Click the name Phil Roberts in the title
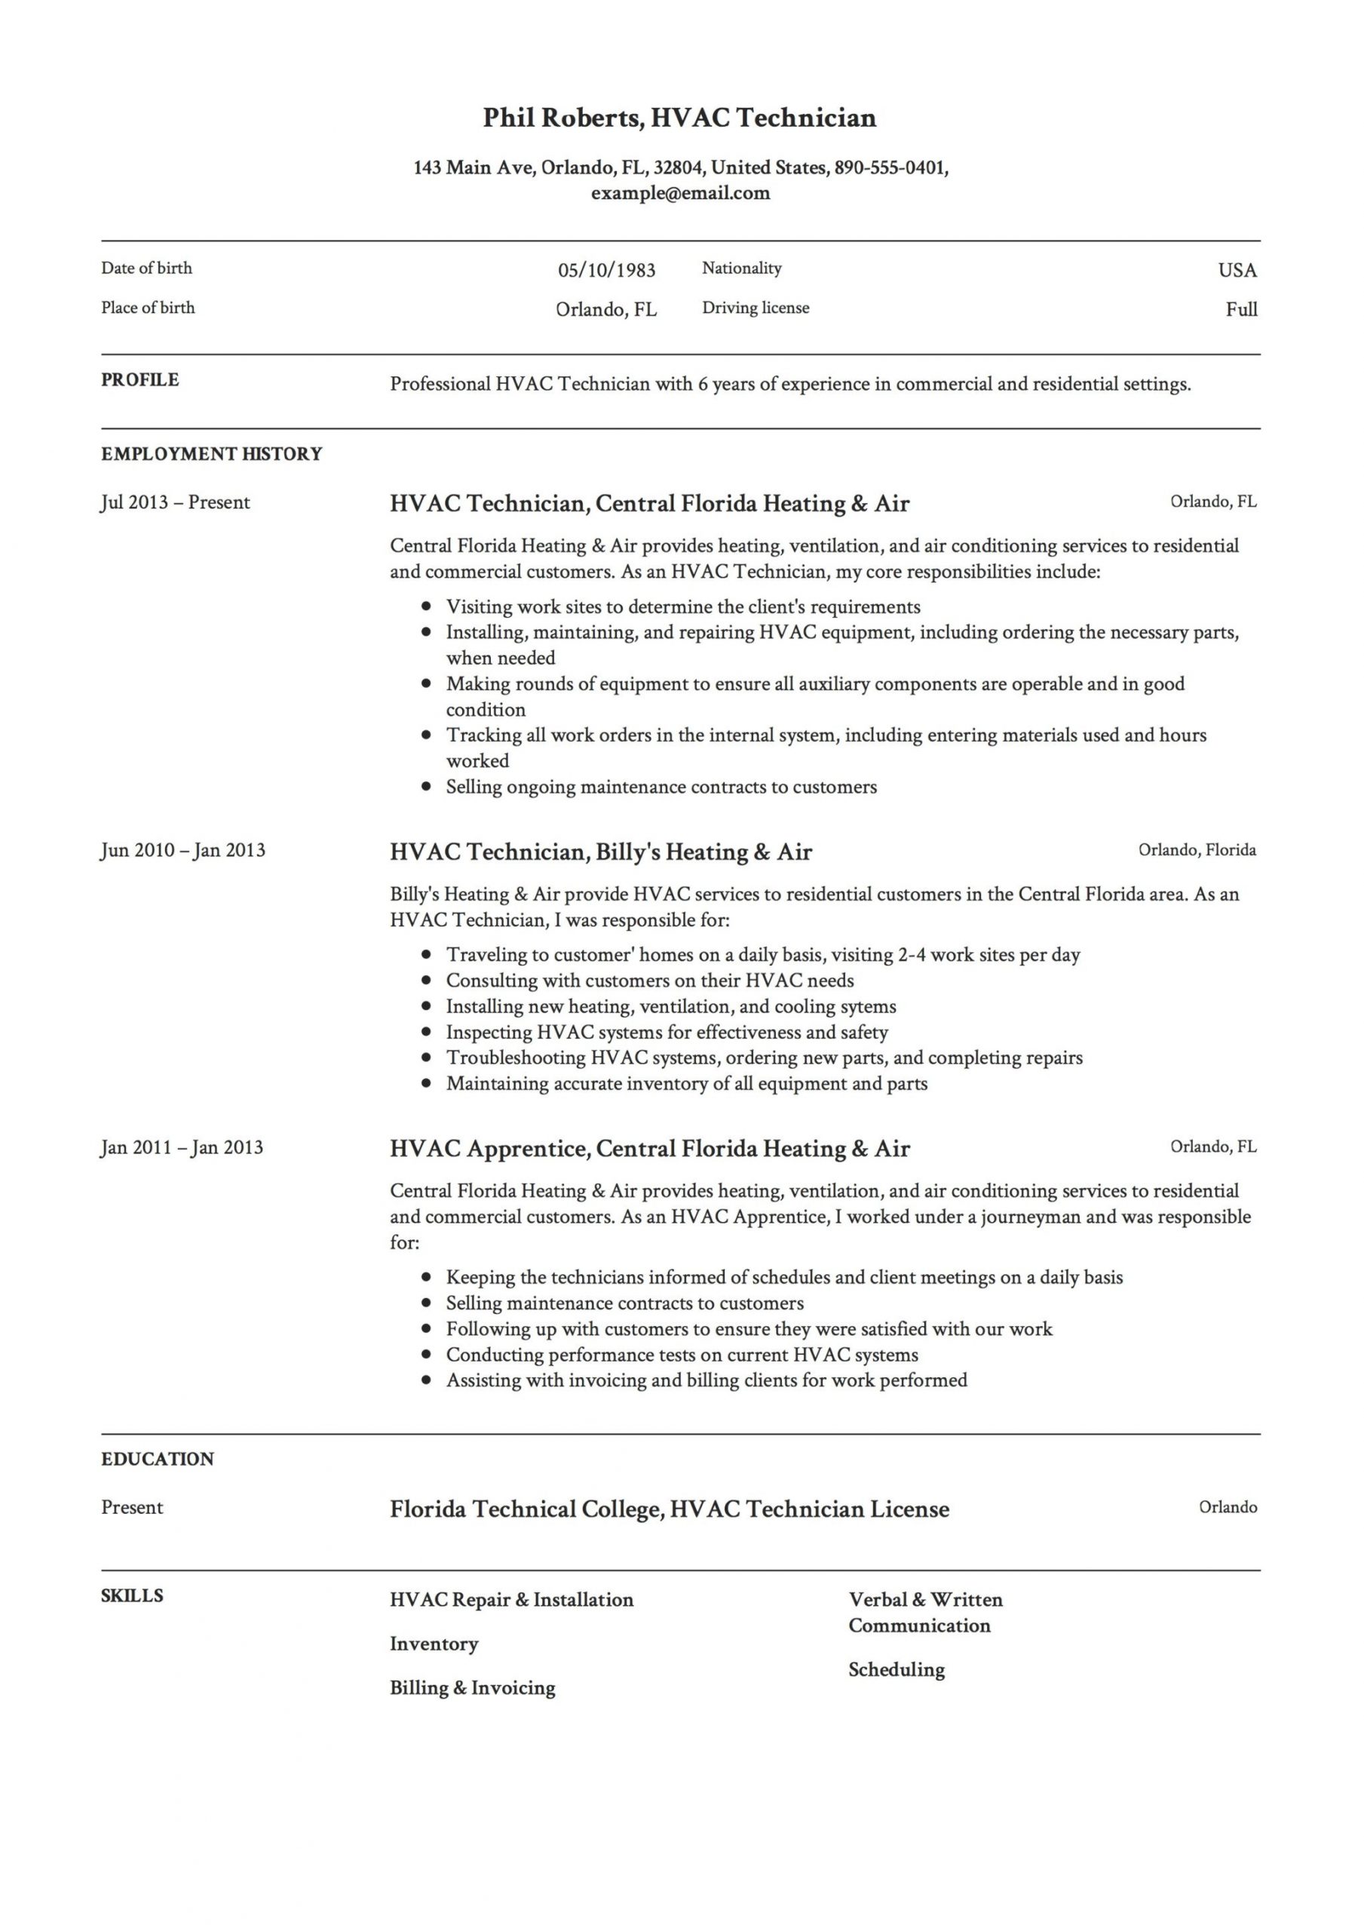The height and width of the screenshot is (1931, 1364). [561, 118]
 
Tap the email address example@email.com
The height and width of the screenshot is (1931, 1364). [679, 193]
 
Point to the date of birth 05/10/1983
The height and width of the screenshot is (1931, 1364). [606, 270]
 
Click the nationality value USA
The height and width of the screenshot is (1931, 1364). [1237, 270]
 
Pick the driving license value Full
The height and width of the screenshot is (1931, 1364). [1241, 309]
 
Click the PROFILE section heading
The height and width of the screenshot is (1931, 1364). [139, 380]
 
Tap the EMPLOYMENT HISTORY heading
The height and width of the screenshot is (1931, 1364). [211, 454]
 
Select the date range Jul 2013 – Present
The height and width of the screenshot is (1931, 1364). [175, 503]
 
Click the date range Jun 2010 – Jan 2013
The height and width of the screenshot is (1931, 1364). [182, 850]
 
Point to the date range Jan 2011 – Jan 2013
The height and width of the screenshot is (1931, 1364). [182, 1148]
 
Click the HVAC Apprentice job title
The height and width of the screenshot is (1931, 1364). [649, 1149]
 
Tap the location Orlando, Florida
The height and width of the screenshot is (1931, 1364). [1197, 849]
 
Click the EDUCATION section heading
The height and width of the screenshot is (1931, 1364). [158, 1459]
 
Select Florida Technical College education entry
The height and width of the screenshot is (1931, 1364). [670, 1509]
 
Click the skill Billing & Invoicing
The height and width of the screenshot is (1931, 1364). [473, 1688]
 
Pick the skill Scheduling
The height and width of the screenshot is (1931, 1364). [896, 1669]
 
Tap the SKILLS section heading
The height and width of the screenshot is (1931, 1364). [132, 1596]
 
